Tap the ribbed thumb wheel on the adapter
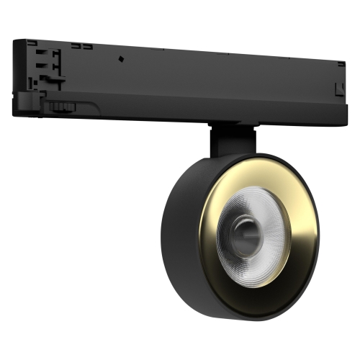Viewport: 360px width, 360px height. [x=62, y=107]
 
